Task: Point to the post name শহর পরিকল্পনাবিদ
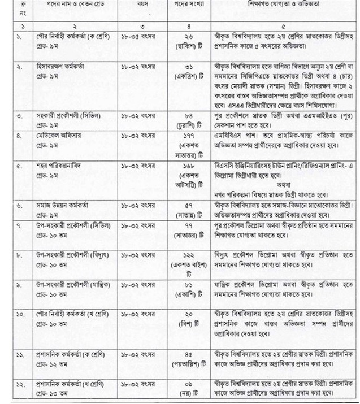tap(63, 166)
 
